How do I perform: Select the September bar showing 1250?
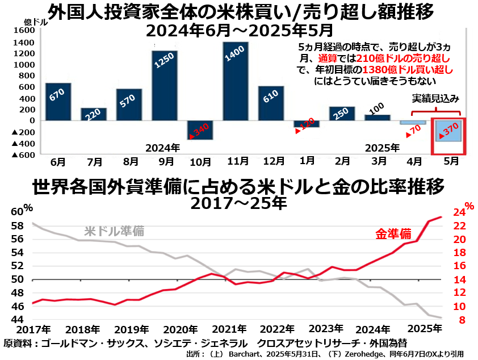coord(165,85)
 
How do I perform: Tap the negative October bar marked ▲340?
coord(200,130)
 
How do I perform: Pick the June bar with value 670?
coord(58,102)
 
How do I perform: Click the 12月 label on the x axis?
coord(271,161)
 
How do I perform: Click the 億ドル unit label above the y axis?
coord(35,22)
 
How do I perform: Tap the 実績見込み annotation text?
coord(435,98)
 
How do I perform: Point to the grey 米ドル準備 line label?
coord(114,231)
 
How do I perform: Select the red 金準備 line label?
coord(393,233)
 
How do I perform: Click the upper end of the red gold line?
coord(441,217)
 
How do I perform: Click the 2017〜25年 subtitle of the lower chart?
coord(238,202)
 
